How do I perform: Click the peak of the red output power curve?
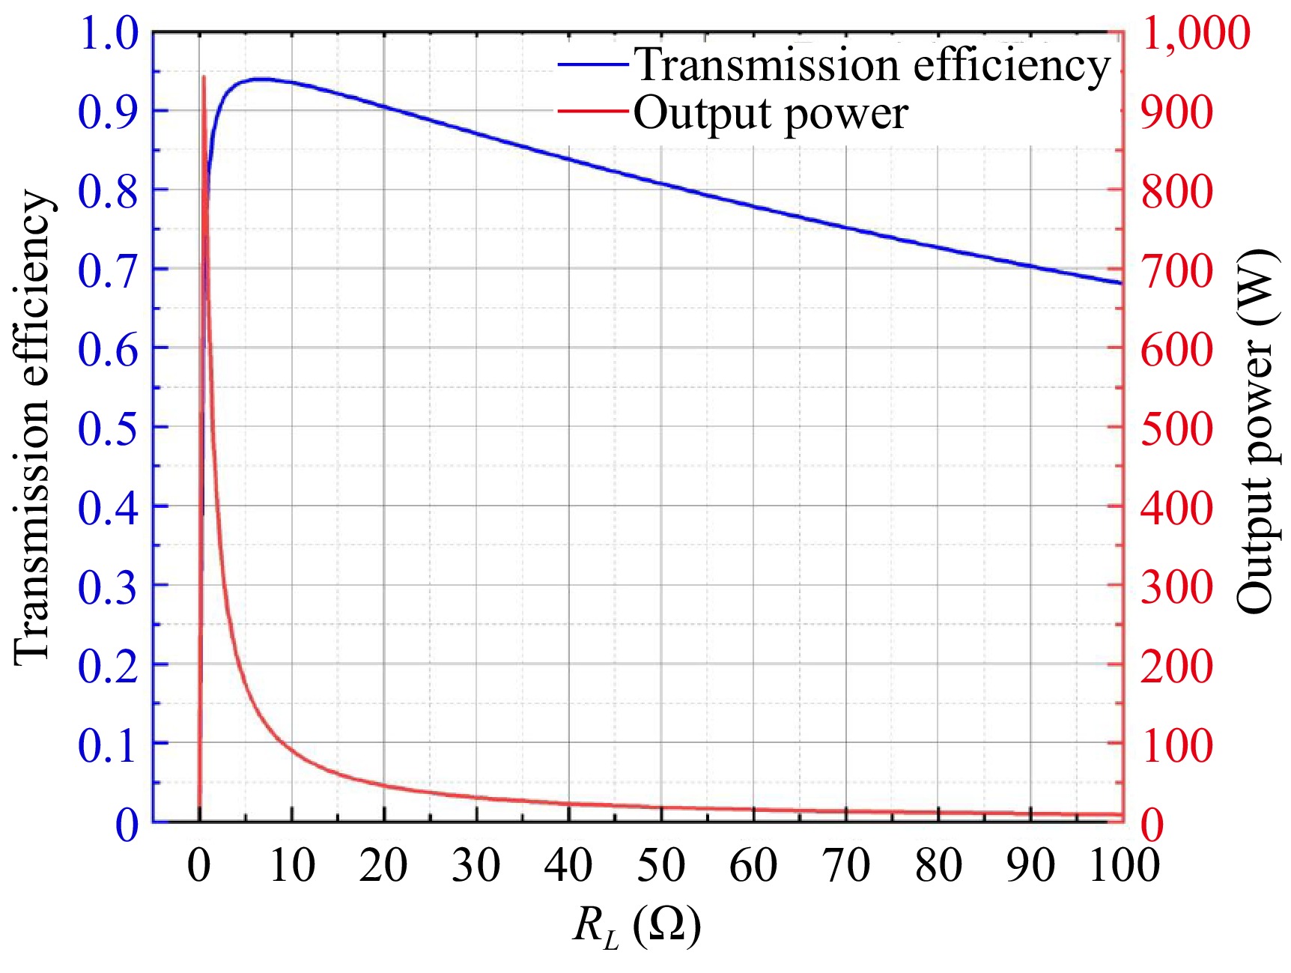204,76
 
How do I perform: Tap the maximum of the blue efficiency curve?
258,79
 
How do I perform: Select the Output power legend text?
771,114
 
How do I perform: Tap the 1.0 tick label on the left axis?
109,34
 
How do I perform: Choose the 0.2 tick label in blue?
109,665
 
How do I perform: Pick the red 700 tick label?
1176,270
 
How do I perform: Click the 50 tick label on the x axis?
660,865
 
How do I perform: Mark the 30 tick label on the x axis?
476,865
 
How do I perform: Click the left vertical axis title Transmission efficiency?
32,427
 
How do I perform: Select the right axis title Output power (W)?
1255,431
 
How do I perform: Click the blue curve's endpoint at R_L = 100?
1122,283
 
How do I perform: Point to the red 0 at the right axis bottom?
1152,825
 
